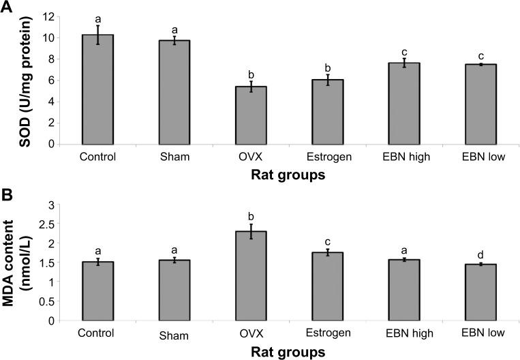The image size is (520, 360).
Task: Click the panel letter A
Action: point(7,6)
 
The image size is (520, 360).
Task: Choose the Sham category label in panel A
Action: point(165,156)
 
